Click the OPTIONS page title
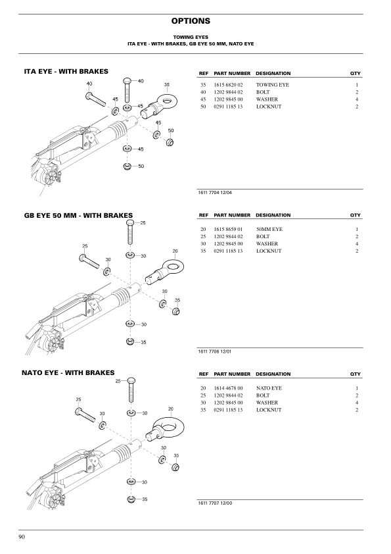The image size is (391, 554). point(191,21)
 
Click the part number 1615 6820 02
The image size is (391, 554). point(228,85)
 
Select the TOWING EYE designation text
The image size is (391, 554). point(273,85)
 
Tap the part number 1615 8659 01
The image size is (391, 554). point(228,230)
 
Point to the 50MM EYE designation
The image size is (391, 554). point(269,230)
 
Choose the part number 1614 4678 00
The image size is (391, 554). point(228,388)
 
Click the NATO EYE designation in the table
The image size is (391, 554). point(269,388)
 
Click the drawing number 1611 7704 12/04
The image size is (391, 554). point(215,193)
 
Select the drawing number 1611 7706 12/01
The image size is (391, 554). point(215,351)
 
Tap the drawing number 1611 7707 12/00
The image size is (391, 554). point(216,503)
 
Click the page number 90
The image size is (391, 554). point(22,537)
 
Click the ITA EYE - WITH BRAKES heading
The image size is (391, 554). point(66,71)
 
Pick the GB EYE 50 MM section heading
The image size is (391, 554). point(78,216)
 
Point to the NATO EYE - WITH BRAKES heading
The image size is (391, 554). point(68,373)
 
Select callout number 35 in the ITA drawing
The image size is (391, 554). point(167,85)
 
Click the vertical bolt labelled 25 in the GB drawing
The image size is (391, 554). point(129,232)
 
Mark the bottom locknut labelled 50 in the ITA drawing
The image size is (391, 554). point(127,166)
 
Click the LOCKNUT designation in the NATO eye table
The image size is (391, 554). point(269,410)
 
